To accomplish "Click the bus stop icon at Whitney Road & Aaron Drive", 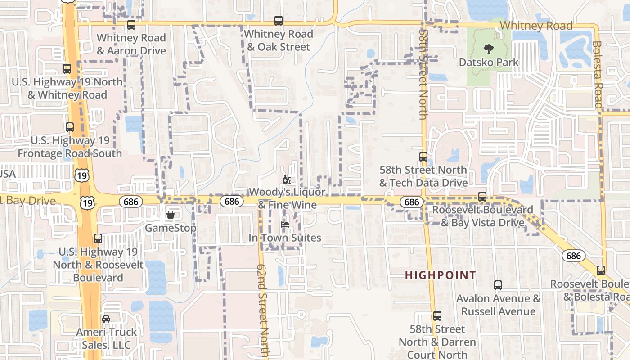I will (x=131, y=25).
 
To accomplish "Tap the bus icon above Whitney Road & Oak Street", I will (x=279, y=21).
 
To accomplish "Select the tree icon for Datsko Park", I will (x=488, y=49).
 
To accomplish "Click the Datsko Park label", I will (x=489, y=62).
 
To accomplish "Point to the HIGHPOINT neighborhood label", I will (x=441, y=275).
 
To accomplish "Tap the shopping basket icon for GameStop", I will (x=171, y=215).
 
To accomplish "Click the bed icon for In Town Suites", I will (x=284, y=224).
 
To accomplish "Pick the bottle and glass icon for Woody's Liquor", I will (x=287, y=180).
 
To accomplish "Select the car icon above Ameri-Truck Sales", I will (x=106, y=319).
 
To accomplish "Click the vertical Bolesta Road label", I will (x=597, y=75).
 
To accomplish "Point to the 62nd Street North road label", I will (x=263, y=310).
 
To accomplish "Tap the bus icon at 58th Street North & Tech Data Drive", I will (x=423, y=157).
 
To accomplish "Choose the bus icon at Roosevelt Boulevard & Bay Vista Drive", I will (x=482, y=197).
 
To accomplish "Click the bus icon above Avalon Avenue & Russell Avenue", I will (x=498, y=285).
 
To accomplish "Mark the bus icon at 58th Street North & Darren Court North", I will (x=437, y=316).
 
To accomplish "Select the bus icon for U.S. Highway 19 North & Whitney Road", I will (x=67, y=69).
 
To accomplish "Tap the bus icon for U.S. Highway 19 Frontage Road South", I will (x=69, y=127).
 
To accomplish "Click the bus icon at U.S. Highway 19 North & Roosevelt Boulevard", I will (x=98, y=238).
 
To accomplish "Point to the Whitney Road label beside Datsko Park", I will (x=536, y=26).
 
